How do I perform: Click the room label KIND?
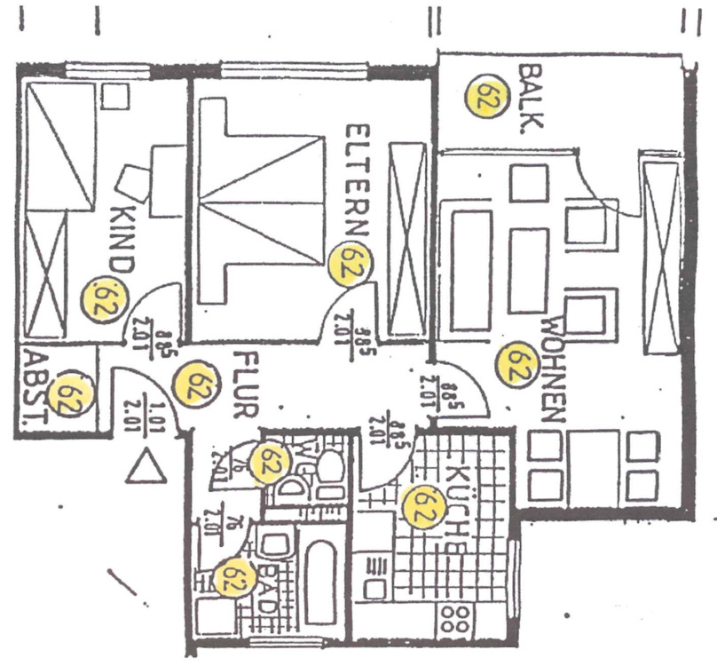120,238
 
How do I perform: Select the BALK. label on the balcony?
530,98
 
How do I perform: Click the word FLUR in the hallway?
244,385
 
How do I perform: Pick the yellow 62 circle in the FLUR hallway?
194,383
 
